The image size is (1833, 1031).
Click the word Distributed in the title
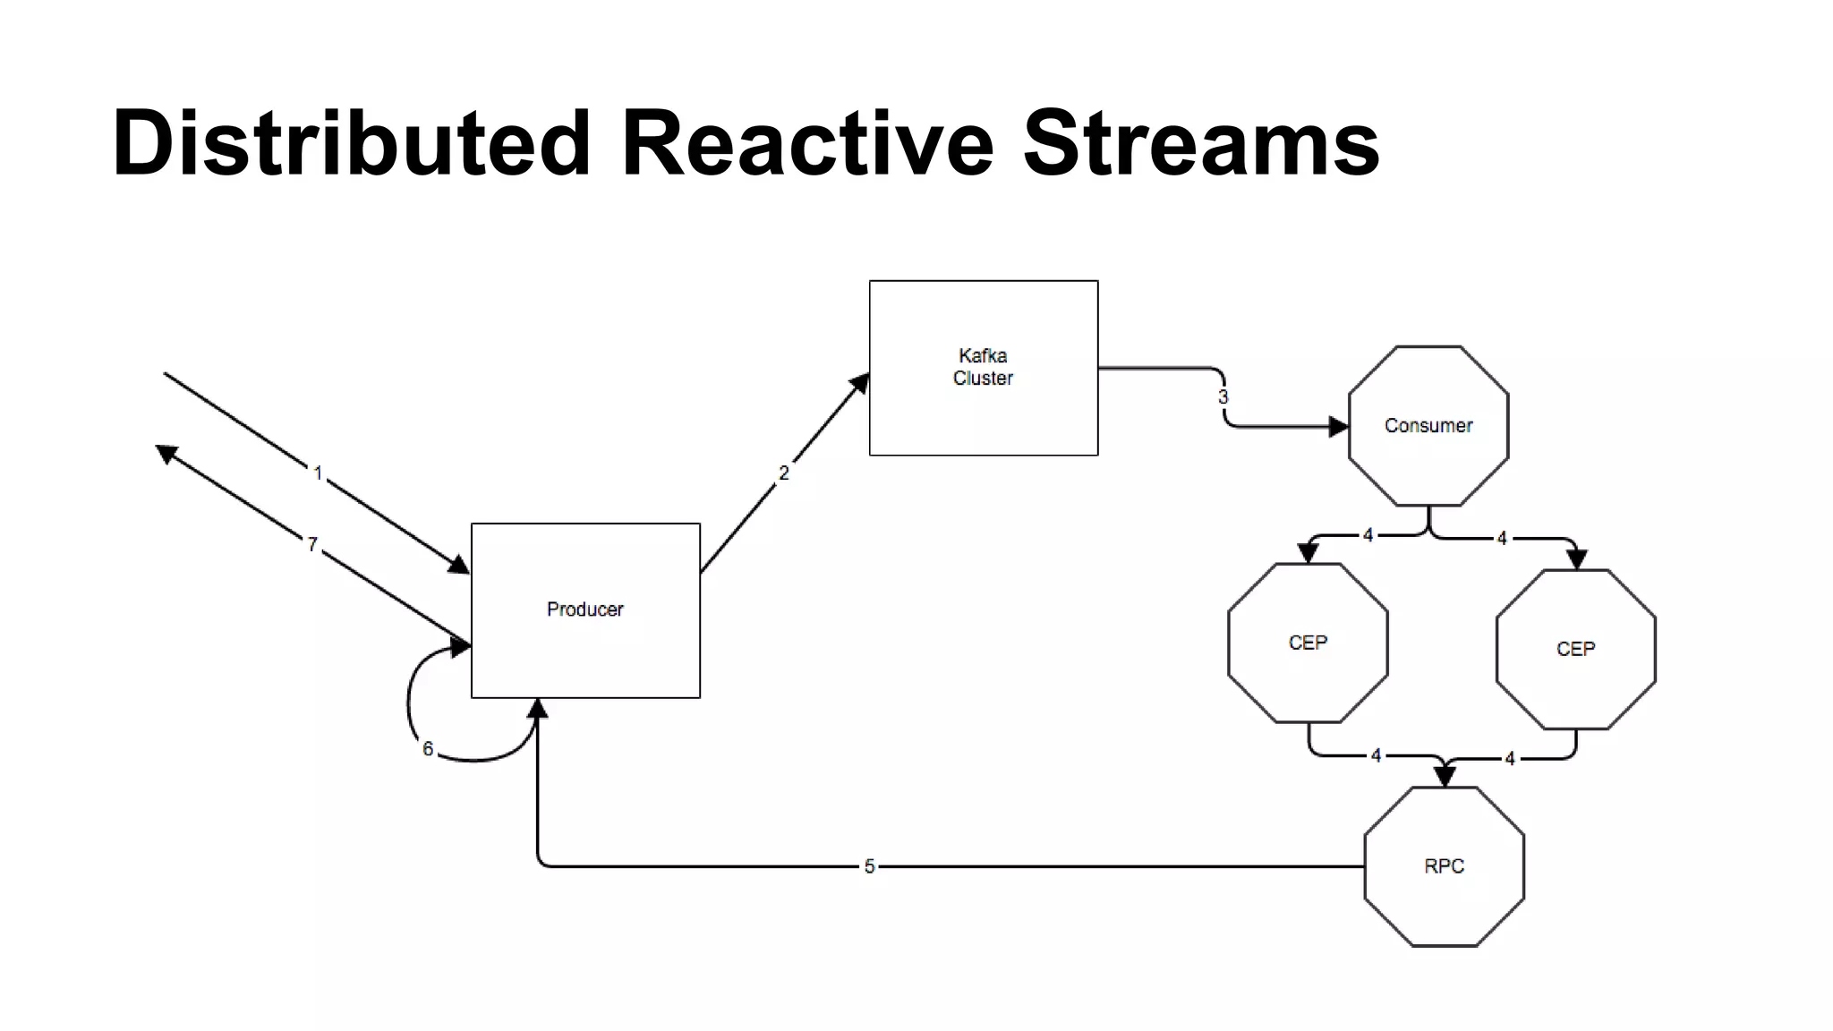[351, 143]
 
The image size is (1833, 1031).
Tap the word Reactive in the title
[806, 143]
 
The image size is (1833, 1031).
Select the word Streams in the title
[1200, 143]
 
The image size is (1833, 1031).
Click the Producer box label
[584, 609]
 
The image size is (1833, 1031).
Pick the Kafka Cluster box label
[983, 367]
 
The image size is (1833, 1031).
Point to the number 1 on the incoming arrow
[318, 473]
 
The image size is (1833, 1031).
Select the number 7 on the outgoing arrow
[312, 544]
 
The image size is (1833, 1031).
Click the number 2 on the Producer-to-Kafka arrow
[784, 473]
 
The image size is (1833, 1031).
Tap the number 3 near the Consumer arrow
[1223, 397]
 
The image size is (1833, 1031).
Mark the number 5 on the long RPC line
[869, 866]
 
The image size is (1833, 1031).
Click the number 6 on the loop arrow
[428, 749]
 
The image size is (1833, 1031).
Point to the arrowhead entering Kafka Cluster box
[860, 384]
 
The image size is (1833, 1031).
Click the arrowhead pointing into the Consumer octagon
[1338, 427]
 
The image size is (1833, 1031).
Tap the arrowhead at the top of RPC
[1445, 776]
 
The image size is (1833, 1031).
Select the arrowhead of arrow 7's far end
[166, 454]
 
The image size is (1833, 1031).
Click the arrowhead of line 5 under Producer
[537, 709]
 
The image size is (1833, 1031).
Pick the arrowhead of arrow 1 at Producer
[459, 565]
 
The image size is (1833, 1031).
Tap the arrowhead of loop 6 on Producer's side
[461, 647]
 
